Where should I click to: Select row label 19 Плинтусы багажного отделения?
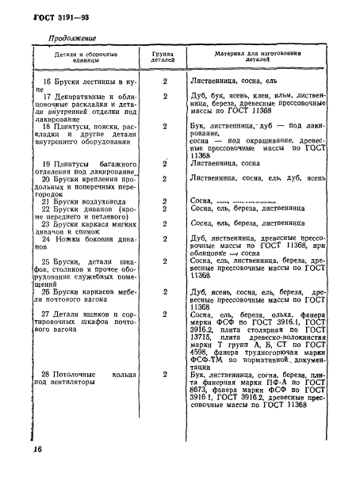pos(85,167)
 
